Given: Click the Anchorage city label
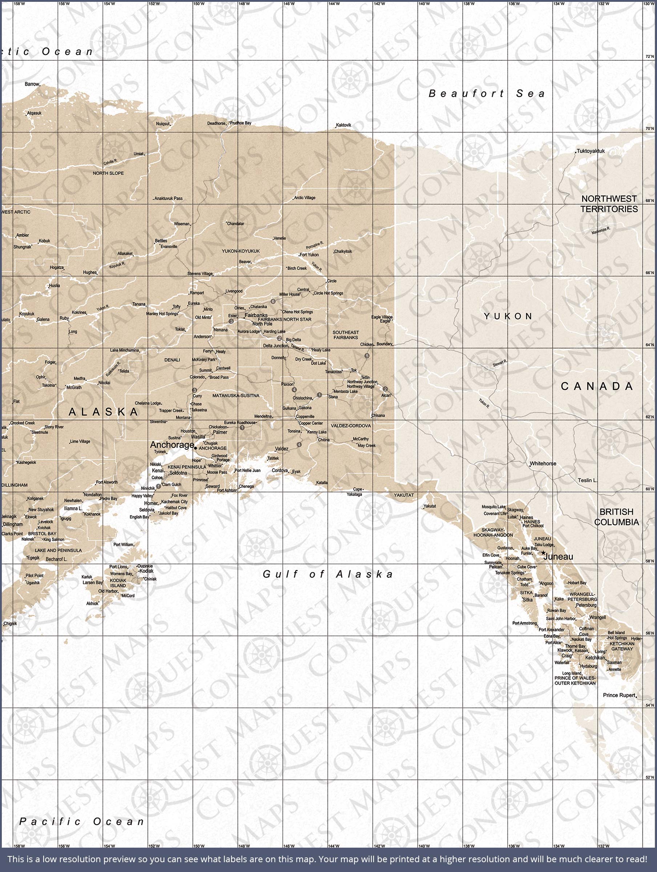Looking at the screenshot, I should coord(172,445).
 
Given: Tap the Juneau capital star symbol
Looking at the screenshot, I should coord(543,553).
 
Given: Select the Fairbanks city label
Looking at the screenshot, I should coord(256,315).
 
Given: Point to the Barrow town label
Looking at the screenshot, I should coord(32,84).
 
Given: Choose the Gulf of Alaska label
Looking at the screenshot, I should coord(328,574).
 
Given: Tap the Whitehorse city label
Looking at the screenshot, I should coord(543,464).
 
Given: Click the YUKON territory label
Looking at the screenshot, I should coord(508,316).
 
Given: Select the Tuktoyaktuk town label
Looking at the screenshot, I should coord(591,151).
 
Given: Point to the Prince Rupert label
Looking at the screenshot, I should coord(619,695).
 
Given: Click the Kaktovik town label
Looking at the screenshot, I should coord(343,125).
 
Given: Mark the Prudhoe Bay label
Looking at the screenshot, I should coord(241,123).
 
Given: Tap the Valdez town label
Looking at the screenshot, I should coord(282,449).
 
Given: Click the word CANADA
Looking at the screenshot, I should coord(597,386).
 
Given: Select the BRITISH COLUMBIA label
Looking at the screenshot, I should coord(616,517).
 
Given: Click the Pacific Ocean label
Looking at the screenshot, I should coord(82,821).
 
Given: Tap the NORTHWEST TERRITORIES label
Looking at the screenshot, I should coord(609,204).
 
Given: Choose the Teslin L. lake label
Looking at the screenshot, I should coord(588,480).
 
